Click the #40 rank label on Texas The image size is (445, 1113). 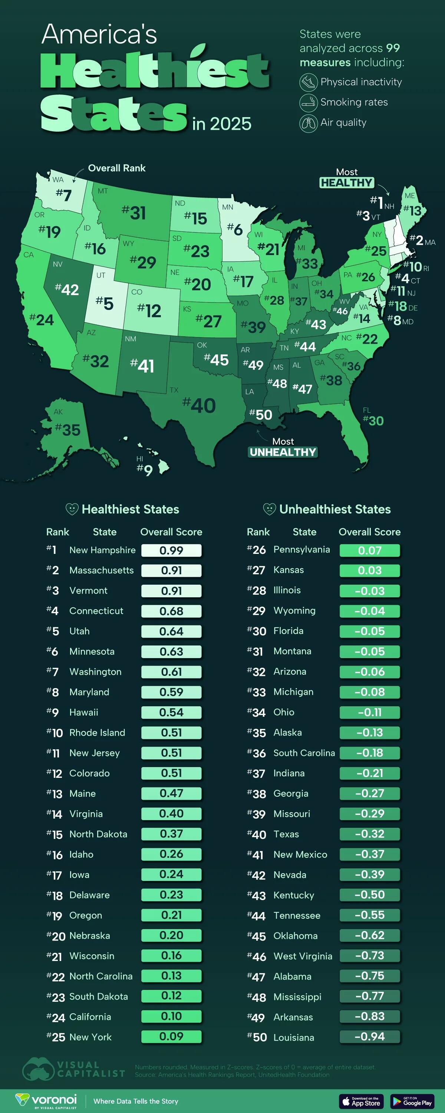coord(199,405)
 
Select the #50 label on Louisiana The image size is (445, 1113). coord(261,415)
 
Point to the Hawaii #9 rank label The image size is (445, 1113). coord(145,470)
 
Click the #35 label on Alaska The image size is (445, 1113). coord(68,429)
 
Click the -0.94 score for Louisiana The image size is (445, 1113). coord(369,1037)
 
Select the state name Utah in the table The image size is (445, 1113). coord(79,631)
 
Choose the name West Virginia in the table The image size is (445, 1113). coord(303,956)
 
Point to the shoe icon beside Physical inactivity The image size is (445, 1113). coord(309,82)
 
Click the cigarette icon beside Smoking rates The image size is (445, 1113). coord(309,102)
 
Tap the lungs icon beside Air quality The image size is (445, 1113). coord(309,123)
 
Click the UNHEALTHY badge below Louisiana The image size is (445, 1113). coord(283,452)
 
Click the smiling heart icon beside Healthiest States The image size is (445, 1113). coord(72,509)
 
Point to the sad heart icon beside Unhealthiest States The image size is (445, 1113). coord(269,509)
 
